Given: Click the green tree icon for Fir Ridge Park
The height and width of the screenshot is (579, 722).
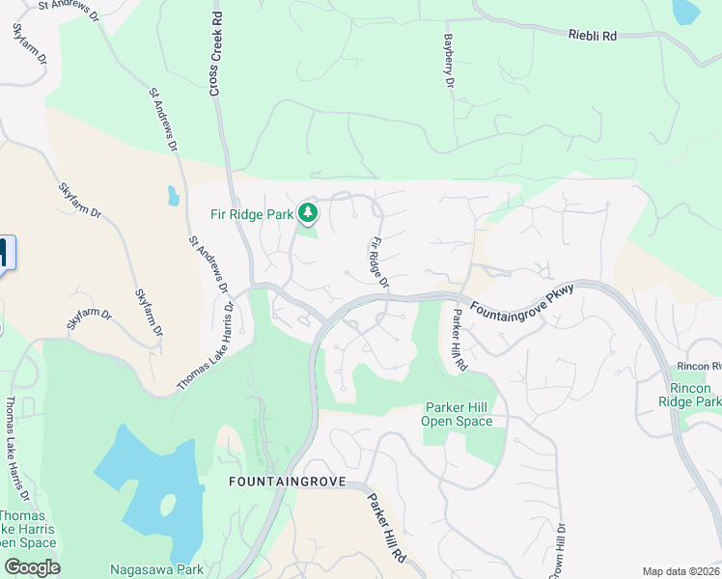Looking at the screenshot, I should (308, 211).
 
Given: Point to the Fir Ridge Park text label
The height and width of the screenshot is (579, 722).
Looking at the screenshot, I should (252, 215).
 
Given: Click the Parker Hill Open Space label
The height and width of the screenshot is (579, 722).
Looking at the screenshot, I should (458, 414).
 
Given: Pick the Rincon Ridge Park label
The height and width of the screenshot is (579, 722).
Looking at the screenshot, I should (689, 394).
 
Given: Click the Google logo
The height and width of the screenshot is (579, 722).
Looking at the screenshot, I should (32, 567).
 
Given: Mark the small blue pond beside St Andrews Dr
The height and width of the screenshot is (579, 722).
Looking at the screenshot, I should (173, 196).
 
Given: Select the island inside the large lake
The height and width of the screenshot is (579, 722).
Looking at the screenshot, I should (168, 506).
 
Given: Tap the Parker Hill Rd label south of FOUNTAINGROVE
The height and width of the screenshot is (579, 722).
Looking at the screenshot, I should (387, 529).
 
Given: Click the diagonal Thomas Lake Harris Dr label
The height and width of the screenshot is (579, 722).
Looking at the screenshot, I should (206, 346).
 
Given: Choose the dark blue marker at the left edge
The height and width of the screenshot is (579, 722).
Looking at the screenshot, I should (3, 254).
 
